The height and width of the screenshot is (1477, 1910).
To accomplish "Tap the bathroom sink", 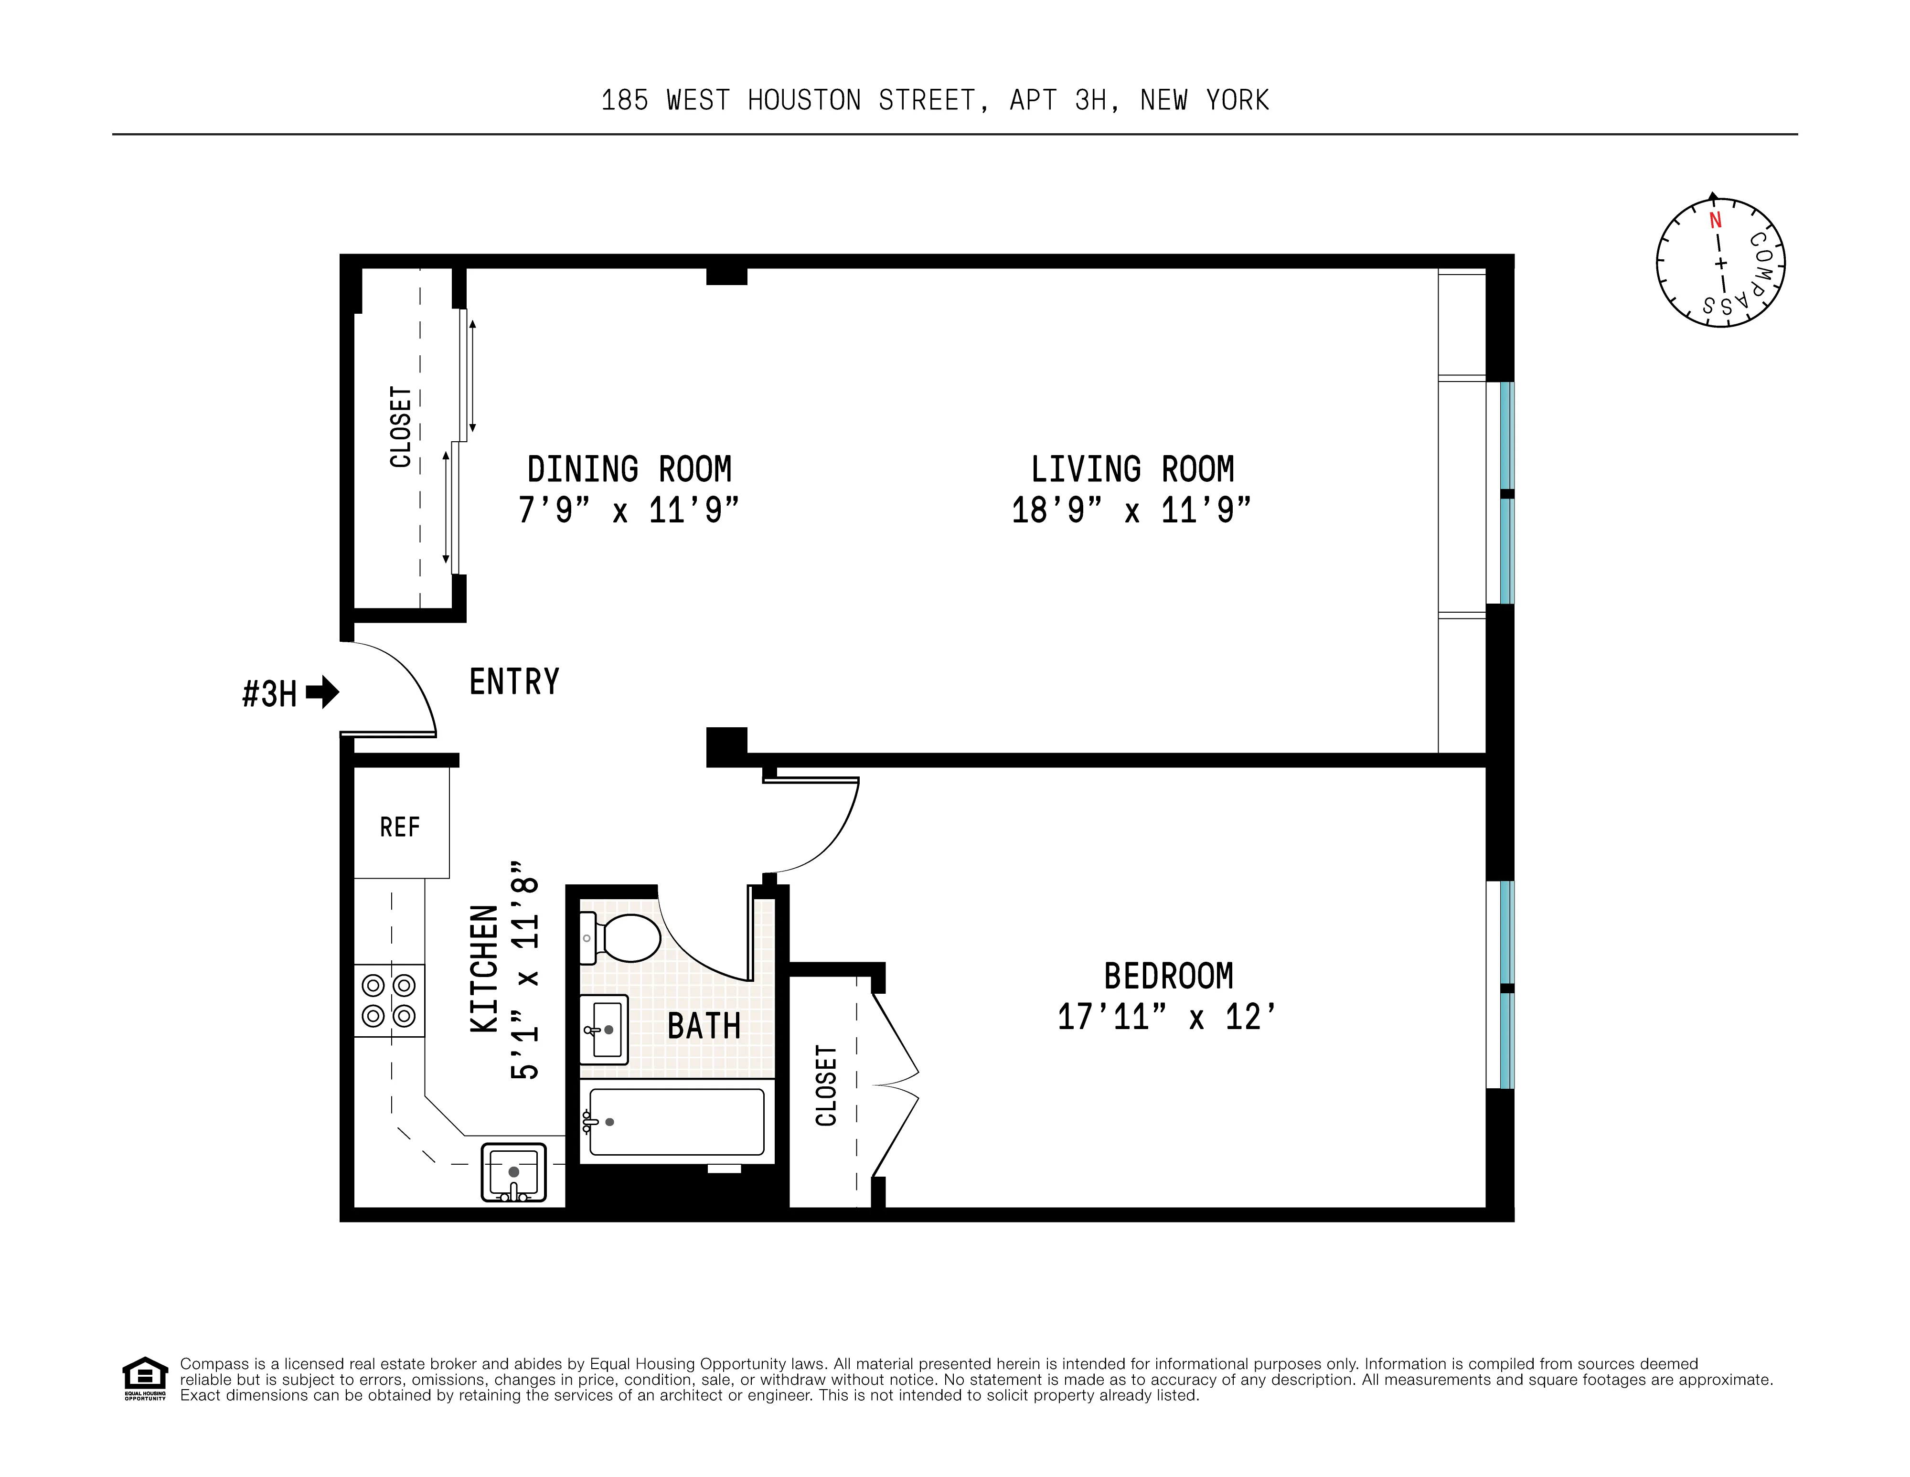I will point(603,1029).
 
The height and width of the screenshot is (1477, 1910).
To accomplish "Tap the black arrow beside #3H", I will point(323,692).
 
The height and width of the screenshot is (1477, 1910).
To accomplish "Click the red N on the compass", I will point(1715,220).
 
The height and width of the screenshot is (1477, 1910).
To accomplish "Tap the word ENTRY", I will point(514,682).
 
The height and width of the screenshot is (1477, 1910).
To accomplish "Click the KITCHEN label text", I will point(484,969).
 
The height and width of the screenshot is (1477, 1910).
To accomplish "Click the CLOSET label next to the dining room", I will point(401,427).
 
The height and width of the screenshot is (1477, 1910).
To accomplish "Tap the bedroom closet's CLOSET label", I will point(826,1085).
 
